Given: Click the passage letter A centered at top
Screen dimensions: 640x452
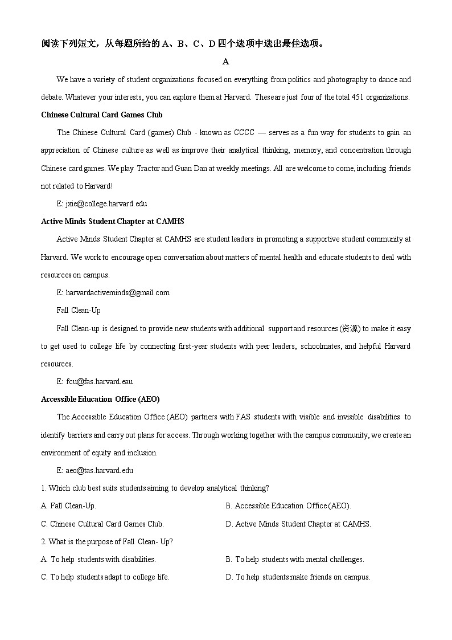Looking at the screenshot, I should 226,62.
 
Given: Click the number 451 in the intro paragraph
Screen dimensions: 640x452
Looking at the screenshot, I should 358,97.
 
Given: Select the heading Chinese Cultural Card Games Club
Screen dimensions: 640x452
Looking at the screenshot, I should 102,115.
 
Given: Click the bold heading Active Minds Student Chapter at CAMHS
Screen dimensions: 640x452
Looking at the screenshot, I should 113,221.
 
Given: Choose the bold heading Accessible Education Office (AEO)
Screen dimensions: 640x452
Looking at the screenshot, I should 100,399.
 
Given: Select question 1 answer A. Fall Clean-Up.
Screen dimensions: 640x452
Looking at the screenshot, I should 69,506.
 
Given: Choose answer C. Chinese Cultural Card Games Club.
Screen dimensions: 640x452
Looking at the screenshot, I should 102,524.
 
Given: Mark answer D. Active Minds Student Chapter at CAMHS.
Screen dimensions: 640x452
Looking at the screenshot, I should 298,524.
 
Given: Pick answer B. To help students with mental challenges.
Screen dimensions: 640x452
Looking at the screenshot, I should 295,559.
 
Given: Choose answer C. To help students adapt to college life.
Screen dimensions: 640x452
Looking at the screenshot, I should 105,577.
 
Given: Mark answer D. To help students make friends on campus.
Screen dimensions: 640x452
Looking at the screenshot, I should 298,577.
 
